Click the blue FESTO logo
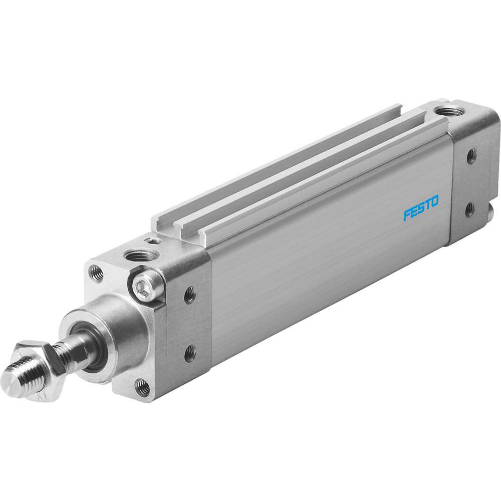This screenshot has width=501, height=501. (421, 208)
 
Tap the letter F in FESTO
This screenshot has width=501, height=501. (407, 214)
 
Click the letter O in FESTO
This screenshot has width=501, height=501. (433, 201)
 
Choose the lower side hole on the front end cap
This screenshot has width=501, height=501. (189, 354)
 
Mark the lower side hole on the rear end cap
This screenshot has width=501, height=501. (469, 208)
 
